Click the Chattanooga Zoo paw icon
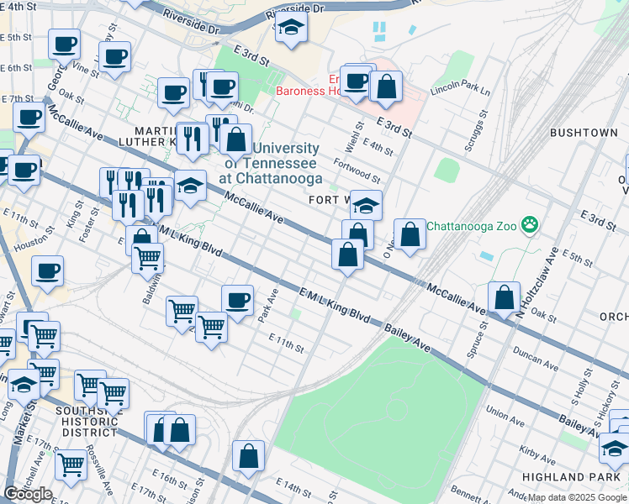tap(529, 225)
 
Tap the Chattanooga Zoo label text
tap(473, 226)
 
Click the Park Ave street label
tap(267, 308)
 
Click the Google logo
tap(28, 493)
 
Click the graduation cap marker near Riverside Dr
tap(291, 28)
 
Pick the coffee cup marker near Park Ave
tap(237, 300)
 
